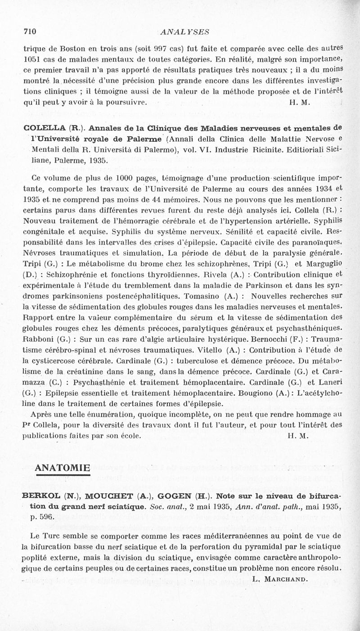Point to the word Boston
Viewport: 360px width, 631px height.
73,48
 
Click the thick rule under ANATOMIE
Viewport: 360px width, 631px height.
62,474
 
